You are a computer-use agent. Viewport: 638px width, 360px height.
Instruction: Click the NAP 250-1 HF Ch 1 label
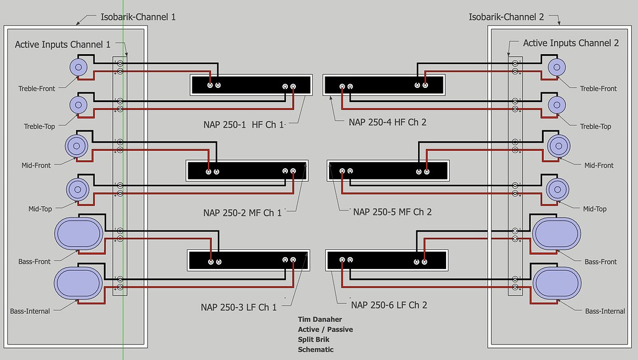pos(243,123)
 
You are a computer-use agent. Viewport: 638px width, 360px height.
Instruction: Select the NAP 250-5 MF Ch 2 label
pos(392,212)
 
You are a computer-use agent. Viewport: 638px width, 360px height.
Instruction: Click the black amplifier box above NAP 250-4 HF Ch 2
pos(384,85)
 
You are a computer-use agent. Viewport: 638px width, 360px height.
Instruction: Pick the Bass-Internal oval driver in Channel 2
pos(556,283)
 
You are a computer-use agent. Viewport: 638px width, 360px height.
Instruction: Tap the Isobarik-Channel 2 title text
pos(506,17)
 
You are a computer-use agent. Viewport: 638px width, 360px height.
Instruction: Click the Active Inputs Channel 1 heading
pos(62,44)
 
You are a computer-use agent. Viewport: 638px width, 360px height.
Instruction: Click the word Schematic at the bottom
pos(316,349)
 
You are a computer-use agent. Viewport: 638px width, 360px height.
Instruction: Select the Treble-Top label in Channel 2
pos(595,126)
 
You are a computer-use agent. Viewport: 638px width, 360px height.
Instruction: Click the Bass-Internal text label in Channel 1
pos(30,311)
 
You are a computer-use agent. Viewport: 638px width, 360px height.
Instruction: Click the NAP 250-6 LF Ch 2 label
pos(389,305)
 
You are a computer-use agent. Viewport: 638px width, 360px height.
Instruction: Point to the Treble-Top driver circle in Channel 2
pos(556,105)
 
